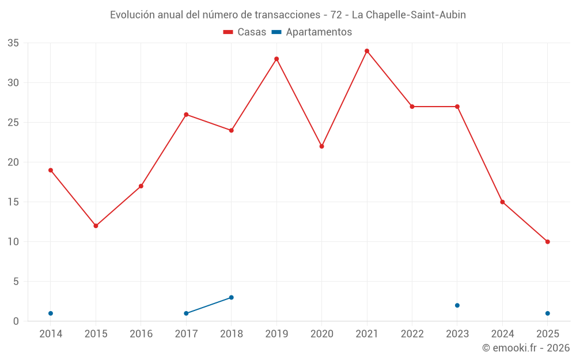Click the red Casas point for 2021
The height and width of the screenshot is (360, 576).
pos(367,51)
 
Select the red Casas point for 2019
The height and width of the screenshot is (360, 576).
pos(276,59)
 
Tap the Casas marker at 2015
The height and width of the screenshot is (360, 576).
pos(96,226)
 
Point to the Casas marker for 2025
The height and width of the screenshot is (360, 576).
pos(548,242)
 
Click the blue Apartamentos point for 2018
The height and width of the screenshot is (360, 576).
pos(232,297)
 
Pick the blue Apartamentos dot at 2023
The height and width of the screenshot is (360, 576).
pos(457,305)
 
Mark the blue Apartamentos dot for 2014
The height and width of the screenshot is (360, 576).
pos(51,313)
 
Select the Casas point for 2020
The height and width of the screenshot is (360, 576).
pos(322,146)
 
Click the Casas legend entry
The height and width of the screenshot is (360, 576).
pos(245,32)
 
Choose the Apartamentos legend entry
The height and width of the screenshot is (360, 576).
pos(312,32)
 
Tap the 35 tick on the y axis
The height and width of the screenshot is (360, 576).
pos(13,43)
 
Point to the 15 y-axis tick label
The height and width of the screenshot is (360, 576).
pos(13,202)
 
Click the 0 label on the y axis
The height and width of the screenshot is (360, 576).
pos(16,321)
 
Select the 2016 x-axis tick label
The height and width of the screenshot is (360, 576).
pos(141,334)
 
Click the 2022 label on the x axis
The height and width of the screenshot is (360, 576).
pos(412,334)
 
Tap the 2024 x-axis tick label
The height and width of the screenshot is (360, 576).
pos(502,334)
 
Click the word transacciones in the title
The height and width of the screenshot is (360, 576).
pos(288,15)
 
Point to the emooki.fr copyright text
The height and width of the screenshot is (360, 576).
pos(526,348)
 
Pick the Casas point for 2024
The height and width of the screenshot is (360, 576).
pos(502,202)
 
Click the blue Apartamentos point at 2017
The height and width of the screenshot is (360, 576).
pos(186,313)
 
